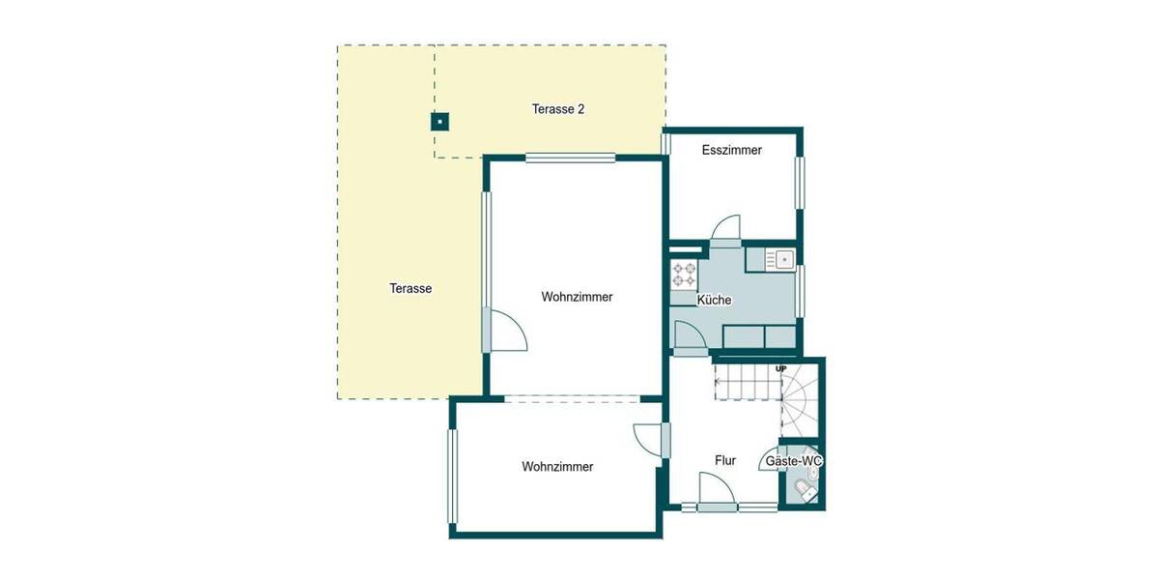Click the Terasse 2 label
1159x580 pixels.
[558, 109]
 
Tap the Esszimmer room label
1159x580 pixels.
[731, 150]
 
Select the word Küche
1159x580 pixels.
[714, 301]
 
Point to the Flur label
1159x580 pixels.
[725, 461]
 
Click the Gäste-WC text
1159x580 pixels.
[794, 462]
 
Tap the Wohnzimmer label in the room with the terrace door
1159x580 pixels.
[577, 297]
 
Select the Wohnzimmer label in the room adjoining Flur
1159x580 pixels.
[557, 467]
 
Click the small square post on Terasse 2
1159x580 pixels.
[439, 122]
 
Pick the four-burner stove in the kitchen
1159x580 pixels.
[685, 275]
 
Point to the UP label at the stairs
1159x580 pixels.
[780, 369]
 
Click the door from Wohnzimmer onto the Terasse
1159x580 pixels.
[504, 331]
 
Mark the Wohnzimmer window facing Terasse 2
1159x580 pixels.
[570, 158]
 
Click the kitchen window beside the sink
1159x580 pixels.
[801, 290]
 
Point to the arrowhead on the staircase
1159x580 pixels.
[717, 380]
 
